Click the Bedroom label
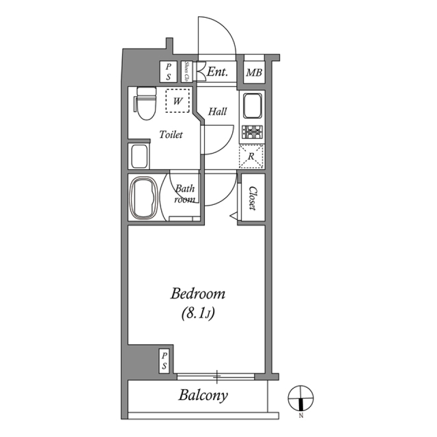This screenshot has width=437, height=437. click(x=198, y=294)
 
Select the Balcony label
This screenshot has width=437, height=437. click(x=203, y=395)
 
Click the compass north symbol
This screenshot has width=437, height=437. click(x=301, y=399)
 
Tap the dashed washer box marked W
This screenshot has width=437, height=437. click(x=178, y=101)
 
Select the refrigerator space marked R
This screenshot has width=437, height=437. click(x=251, y=156)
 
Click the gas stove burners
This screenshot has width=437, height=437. click(x=252, y=132)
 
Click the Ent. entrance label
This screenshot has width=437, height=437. click(x=217, y=72)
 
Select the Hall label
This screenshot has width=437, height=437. click(x=218, y=111)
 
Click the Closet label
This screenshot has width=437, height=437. click(x=251, y=199)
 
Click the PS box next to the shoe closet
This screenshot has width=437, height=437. click(x=168, y=72)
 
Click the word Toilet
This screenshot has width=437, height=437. click(x=171, y=135)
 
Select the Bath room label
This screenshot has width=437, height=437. click(x=186, y=194)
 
